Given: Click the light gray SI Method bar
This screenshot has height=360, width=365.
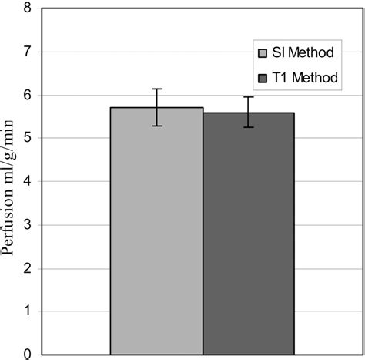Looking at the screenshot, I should [156, 231].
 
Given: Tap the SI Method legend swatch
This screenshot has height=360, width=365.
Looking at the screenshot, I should [262, 53].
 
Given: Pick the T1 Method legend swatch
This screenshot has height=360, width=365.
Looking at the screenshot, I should [262, 78].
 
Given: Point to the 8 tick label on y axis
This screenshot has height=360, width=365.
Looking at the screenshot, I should [28, 9].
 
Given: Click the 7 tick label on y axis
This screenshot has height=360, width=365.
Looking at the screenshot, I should [28, 52].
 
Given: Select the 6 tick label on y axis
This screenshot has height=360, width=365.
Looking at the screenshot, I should [28, 96].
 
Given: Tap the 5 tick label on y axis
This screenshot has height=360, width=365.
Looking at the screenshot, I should [28, 139].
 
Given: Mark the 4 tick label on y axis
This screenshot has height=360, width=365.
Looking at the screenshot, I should [28, 182].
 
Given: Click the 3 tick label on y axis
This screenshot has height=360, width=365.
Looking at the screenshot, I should [28, 225].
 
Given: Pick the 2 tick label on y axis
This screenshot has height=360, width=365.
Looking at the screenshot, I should [28, 268].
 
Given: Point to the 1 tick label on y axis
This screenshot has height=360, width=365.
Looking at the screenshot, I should [28, 311].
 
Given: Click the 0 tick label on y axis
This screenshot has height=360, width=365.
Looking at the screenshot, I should [28, 354].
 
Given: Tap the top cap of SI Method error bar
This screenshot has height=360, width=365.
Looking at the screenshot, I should [157, 89].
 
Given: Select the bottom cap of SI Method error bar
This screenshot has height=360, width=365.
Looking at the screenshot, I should [157, 126].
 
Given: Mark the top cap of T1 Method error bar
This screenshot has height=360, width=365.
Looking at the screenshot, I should [249, 97].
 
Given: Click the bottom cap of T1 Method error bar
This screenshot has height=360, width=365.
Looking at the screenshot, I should [249, 127].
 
